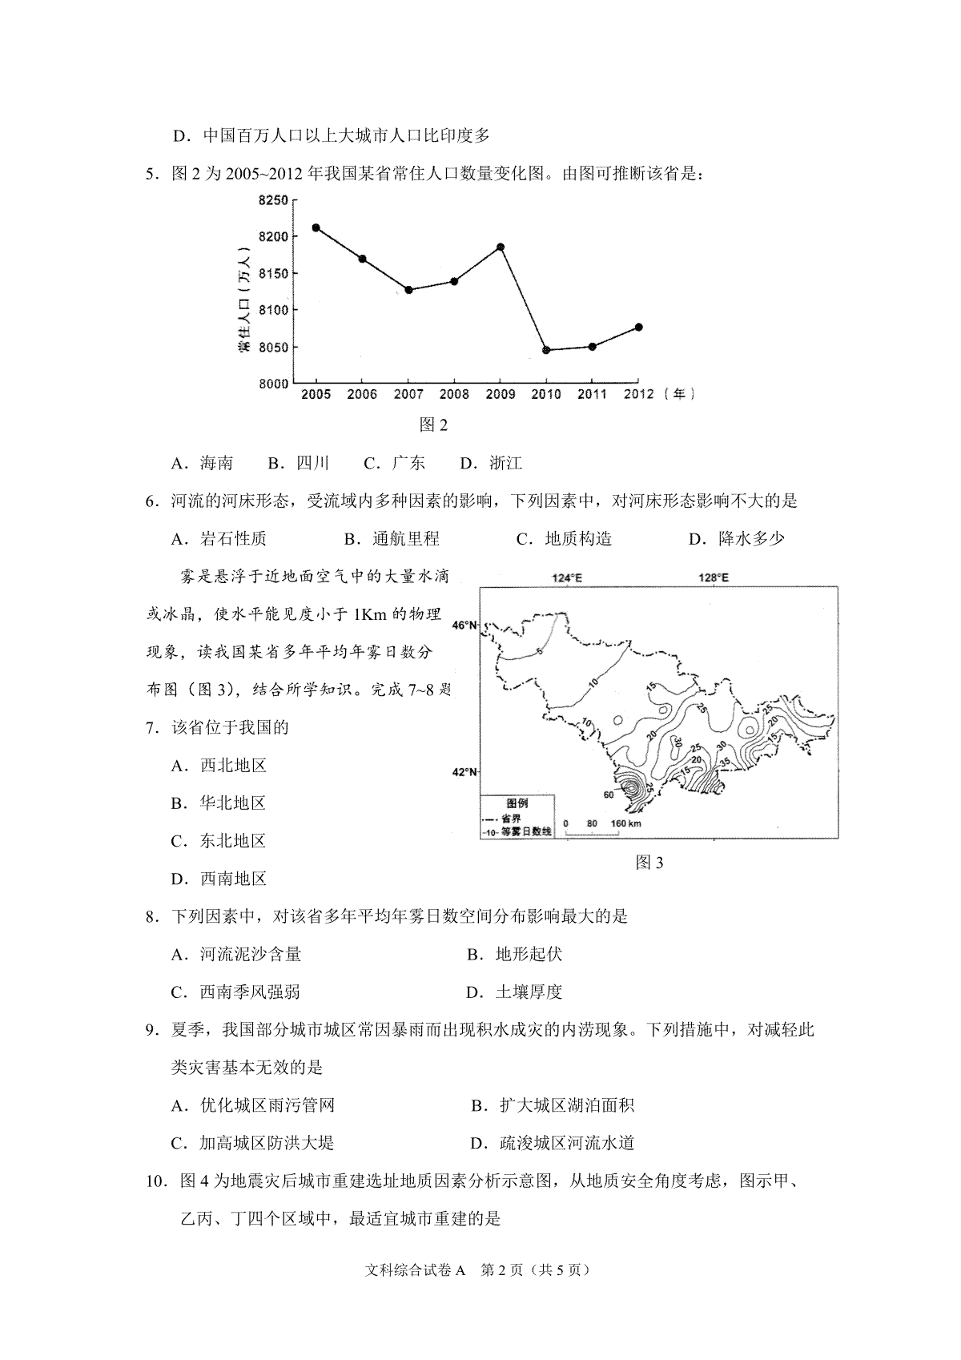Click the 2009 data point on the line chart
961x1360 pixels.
[501, 247]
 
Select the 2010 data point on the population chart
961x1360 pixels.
[546, 350]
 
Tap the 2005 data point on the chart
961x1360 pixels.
[316, 227]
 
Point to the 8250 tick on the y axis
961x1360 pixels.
[273, 200]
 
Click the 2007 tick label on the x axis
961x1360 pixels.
[408, 394]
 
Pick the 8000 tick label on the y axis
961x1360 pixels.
[273, 384]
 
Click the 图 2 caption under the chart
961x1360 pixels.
[433, 425]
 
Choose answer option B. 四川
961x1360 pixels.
[299, 463]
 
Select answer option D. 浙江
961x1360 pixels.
[491, 463]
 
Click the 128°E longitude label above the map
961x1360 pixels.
[713, 577]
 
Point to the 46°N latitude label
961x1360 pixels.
[465, 625]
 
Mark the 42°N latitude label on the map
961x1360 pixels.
[465, 773]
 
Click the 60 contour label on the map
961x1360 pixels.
[609, 795]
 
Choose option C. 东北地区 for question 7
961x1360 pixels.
[219, 841]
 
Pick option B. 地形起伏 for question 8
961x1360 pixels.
[515, 954]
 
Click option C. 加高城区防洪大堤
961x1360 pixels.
[253, 1143]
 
